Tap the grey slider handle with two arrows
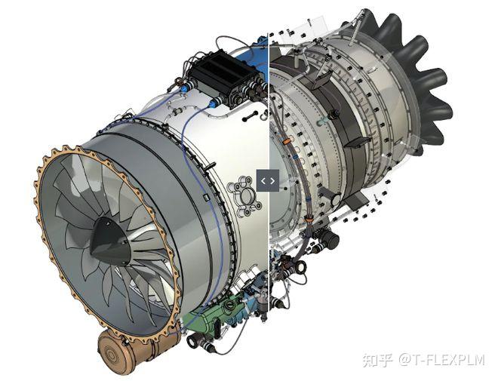268,180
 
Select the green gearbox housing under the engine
216,314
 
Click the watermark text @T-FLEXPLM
442,360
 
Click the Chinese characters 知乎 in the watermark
379,360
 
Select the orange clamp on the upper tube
287,141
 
